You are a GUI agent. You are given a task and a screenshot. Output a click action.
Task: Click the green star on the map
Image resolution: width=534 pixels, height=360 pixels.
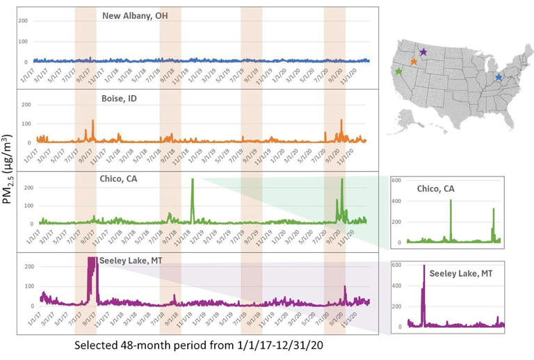click(x=398, y=72)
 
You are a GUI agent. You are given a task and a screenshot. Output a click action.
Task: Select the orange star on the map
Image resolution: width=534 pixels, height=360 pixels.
click(x=414, y=61)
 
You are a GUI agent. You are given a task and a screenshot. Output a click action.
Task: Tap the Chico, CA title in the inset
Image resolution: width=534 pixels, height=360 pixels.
click(x=441, y=189)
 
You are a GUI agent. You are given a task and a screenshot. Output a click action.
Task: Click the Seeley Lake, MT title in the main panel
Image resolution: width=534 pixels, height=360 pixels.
click(x=138, y=260)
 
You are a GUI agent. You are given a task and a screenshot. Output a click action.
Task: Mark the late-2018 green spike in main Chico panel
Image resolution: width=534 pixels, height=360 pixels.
click(x=193, y=181)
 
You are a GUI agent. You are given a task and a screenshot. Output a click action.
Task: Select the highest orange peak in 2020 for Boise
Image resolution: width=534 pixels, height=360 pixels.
click(x=341, y=121)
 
